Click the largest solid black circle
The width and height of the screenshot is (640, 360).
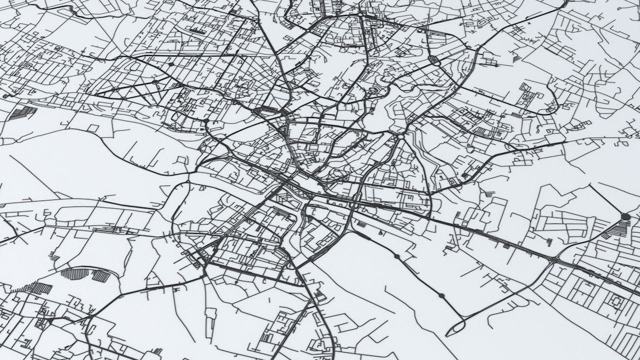(x=625, y=216)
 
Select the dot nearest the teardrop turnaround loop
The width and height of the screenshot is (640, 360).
(x=441, y=296)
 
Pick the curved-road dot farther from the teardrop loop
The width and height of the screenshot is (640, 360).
(x=396, y=256)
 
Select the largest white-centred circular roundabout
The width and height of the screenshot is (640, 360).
(x=400, y=136)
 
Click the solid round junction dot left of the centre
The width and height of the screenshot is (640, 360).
(x=205, y=121)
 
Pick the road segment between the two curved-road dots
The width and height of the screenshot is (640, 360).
(x=419, y=276)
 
